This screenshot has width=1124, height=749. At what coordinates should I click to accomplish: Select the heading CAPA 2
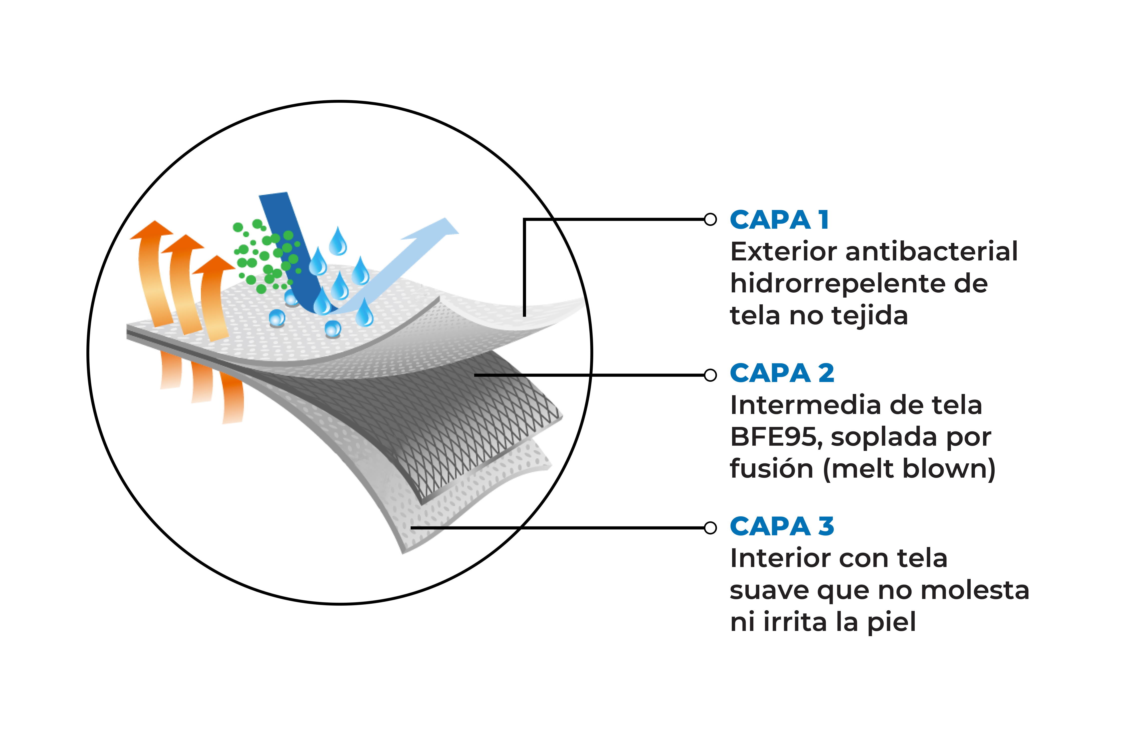point(782,373)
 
